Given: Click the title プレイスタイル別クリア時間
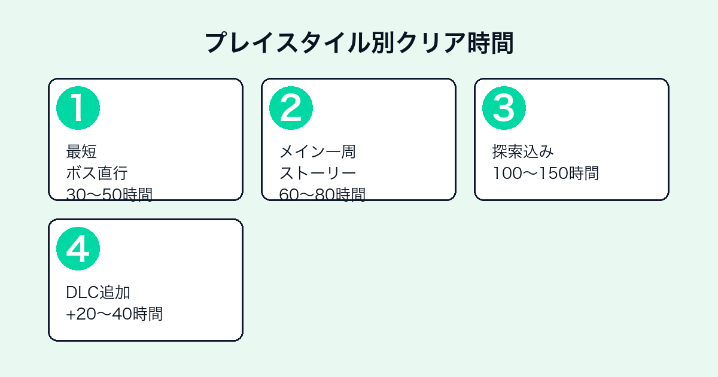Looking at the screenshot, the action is [360, 43].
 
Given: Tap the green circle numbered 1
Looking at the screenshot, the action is [78, 108].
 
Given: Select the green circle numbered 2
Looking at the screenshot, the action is [291, 108].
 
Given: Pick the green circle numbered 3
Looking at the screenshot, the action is [504, 108].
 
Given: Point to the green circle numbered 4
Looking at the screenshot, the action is [78, 249].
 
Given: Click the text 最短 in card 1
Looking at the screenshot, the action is [81, 151].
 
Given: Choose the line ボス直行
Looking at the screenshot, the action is [97, 173].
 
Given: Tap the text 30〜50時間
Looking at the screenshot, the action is [109, 194].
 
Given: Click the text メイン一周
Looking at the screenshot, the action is [317, 151].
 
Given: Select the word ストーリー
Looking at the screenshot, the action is [317, 173].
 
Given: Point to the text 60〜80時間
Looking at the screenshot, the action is [322, 194].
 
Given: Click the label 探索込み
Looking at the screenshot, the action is [523, 151].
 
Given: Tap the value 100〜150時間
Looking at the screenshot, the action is [546, 173].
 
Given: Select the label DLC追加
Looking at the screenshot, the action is [98, 293].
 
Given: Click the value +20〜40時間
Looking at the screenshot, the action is [114, 314].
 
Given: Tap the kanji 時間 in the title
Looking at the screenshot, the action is [491, 43].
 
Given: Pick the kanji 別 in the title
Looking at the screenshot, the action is [384, 43].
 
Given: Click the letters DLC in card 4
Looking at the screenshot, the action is [82, 293].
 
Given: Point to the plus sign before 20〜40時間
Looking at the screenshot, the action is [71, 315].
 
